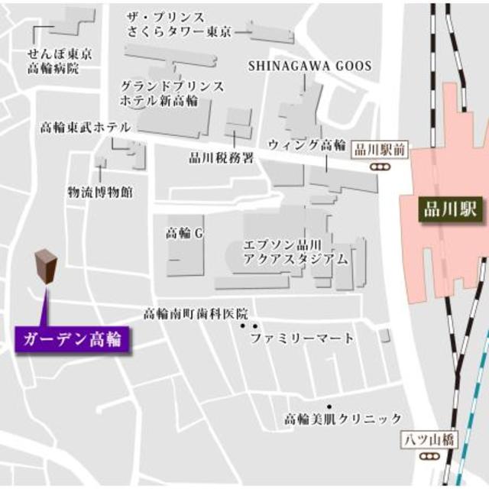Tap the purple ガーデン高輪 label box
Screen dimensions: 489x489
[72, 337]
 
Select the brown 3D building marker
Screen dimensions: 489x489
[47, 267]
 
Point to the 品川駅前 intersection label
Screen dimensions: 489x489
[381, 150]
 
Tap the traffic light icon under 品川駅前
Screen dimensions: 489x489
[379, 166]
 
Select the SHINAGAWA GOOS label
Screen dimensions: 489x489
[309, 66]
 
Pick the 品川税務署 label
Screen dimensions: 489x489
[221, 158]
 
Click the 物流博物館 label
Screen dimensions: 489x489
[100, 191]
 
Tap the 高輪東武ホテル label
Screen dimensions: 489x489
[85, 128]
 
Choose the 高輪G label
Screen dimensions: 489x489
[185, 234]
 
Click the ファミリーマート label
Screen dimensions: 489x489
[303, 338]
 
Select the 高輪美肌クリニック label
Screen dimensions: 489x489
[343, 419]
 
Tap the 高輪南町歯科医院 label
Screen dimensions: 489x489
[197, 313]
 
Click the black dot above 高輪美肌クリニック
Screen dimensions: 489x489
[329, 406]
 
